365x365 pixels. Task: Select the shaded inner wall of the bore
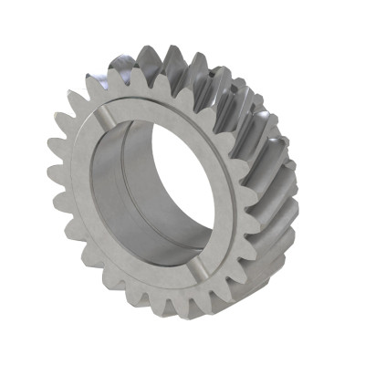[137, 182]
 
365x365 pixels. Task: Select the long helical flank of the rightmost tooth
[274, 205]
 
